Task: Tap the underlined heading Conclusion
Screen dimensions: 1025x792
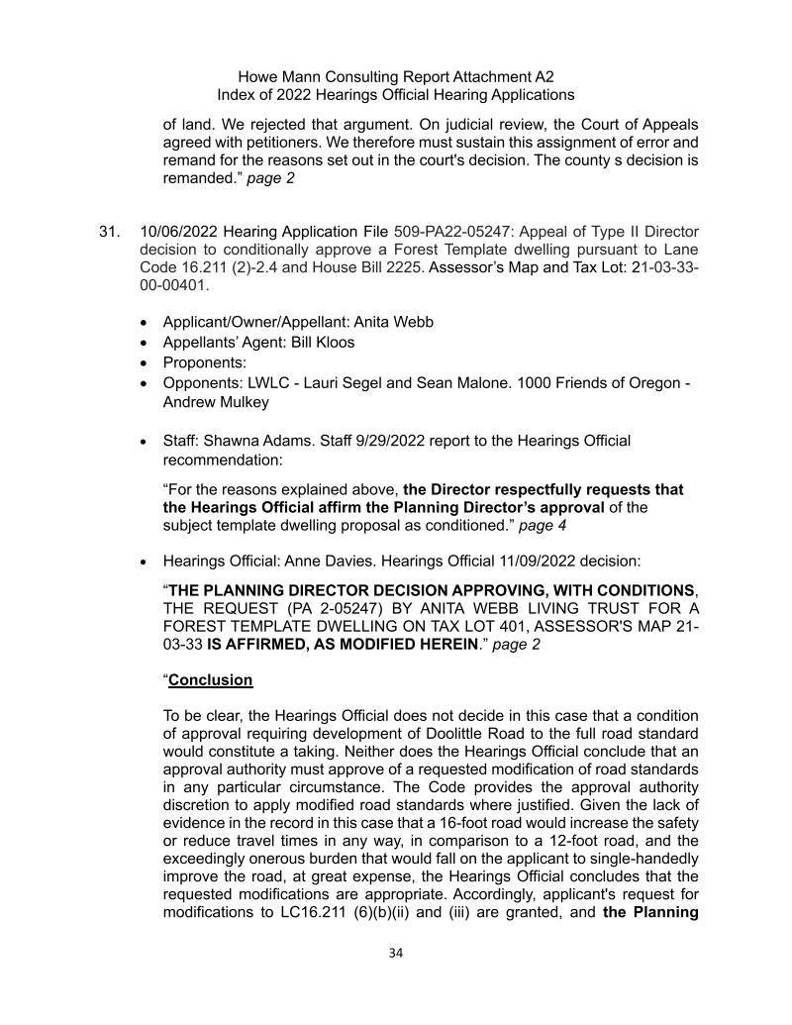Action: (211, 680)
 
